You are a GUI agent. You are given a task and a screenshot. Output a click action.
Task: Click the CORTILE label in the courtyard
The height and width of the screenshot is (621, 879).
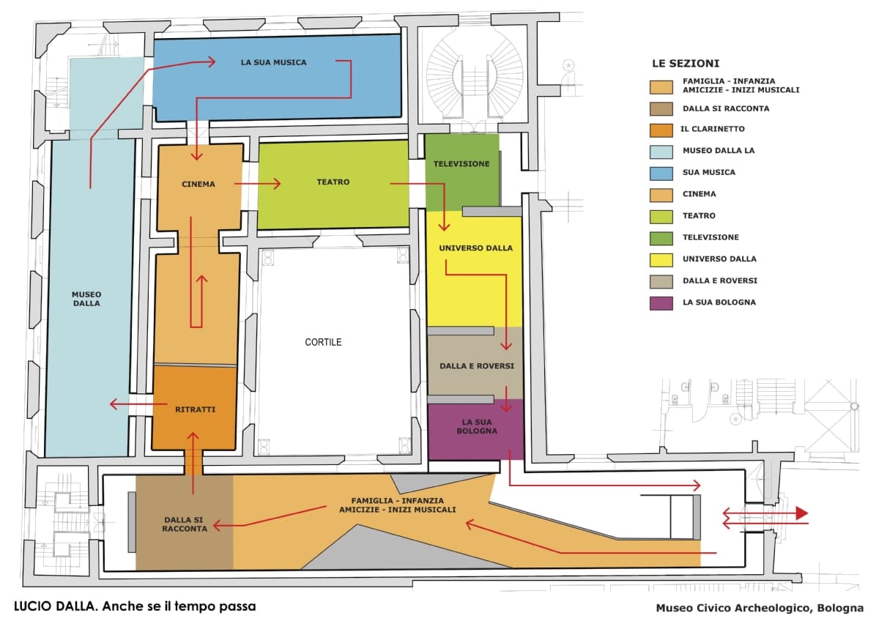point(323,342)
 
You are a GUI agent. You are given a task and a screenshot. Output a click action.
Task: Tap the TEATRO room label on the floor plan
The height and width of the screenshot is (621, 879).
point(333,182)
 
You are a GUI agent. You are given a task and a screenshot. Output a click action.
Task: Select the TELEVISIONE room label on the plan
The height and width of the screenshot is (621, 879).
point(461,164)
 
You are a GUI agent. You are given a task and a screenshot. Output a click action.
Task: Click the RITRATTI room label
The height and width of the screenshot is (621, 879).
point(196,409)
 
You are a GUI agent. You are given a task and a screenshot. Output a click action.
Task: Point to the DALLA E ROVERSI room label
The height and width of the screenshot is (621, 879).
point(476,365)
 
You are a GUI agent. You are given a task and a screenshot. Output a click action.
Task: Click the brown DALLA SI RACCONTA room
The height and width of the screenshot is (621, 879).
point(184,524)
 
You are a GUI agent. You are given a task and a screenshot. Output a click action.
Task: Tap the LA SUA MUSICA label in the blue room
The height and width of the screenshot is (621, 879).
point(273,62)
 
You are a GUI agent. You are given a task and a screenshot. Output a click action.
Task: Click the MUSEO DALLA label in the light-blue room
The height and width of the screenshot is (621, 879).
point(86,298)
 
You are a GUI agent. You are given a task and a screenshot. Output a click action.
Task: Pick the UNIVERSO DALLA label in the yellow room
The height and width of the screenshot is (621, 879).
point(475,248)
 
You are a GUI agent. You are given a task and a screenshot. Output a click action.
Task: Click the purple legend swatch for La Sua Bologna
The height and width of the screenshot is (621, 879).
point(661,302)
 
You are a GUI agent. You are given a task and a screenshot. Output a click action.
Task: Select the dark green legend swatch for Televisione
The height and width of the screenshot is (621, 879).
point(661,237)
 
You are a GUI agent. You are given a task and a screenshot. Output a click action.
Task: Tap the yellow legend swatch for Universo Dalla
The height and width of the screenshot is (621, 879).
point(661,259)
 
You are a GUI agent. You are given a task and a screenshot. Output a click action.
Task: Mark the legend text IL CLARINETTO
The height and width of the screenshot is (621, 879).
point(713,129)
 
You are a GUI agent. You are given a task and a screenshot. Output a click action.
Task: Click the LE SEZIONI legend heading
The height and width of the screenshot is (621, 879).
point(686,64)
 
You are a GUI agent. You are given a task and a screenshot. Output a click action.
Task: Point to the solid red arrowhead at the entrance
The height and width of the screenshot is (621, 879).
point(801,513)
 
